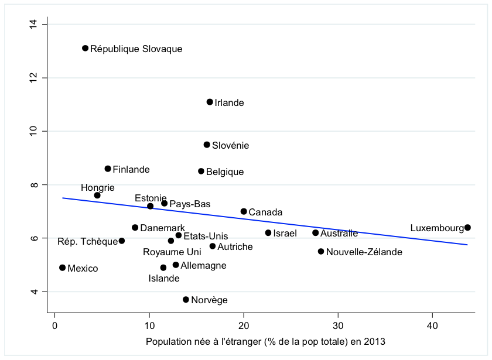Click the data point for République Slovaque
point(85,48)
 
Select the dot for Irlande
point(210,102)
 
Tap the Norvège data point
point(186,299)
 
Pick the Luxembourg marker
point(467,227)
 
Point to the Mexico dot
point(62,268)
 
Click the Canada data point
point(244,211)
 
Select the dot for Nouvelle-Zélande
point(321,251)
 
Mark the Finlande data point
point(108,169)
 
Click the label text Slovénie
point(230,145)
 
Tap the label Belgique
point(225,172)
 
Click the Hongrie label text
point(98,188)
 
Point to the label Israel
point(285,234)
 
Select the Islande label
point(164,279)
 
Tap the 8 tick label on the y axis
point(36,185)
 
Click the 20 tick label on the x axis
point(244,326)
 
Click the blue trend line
point(264,221)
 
